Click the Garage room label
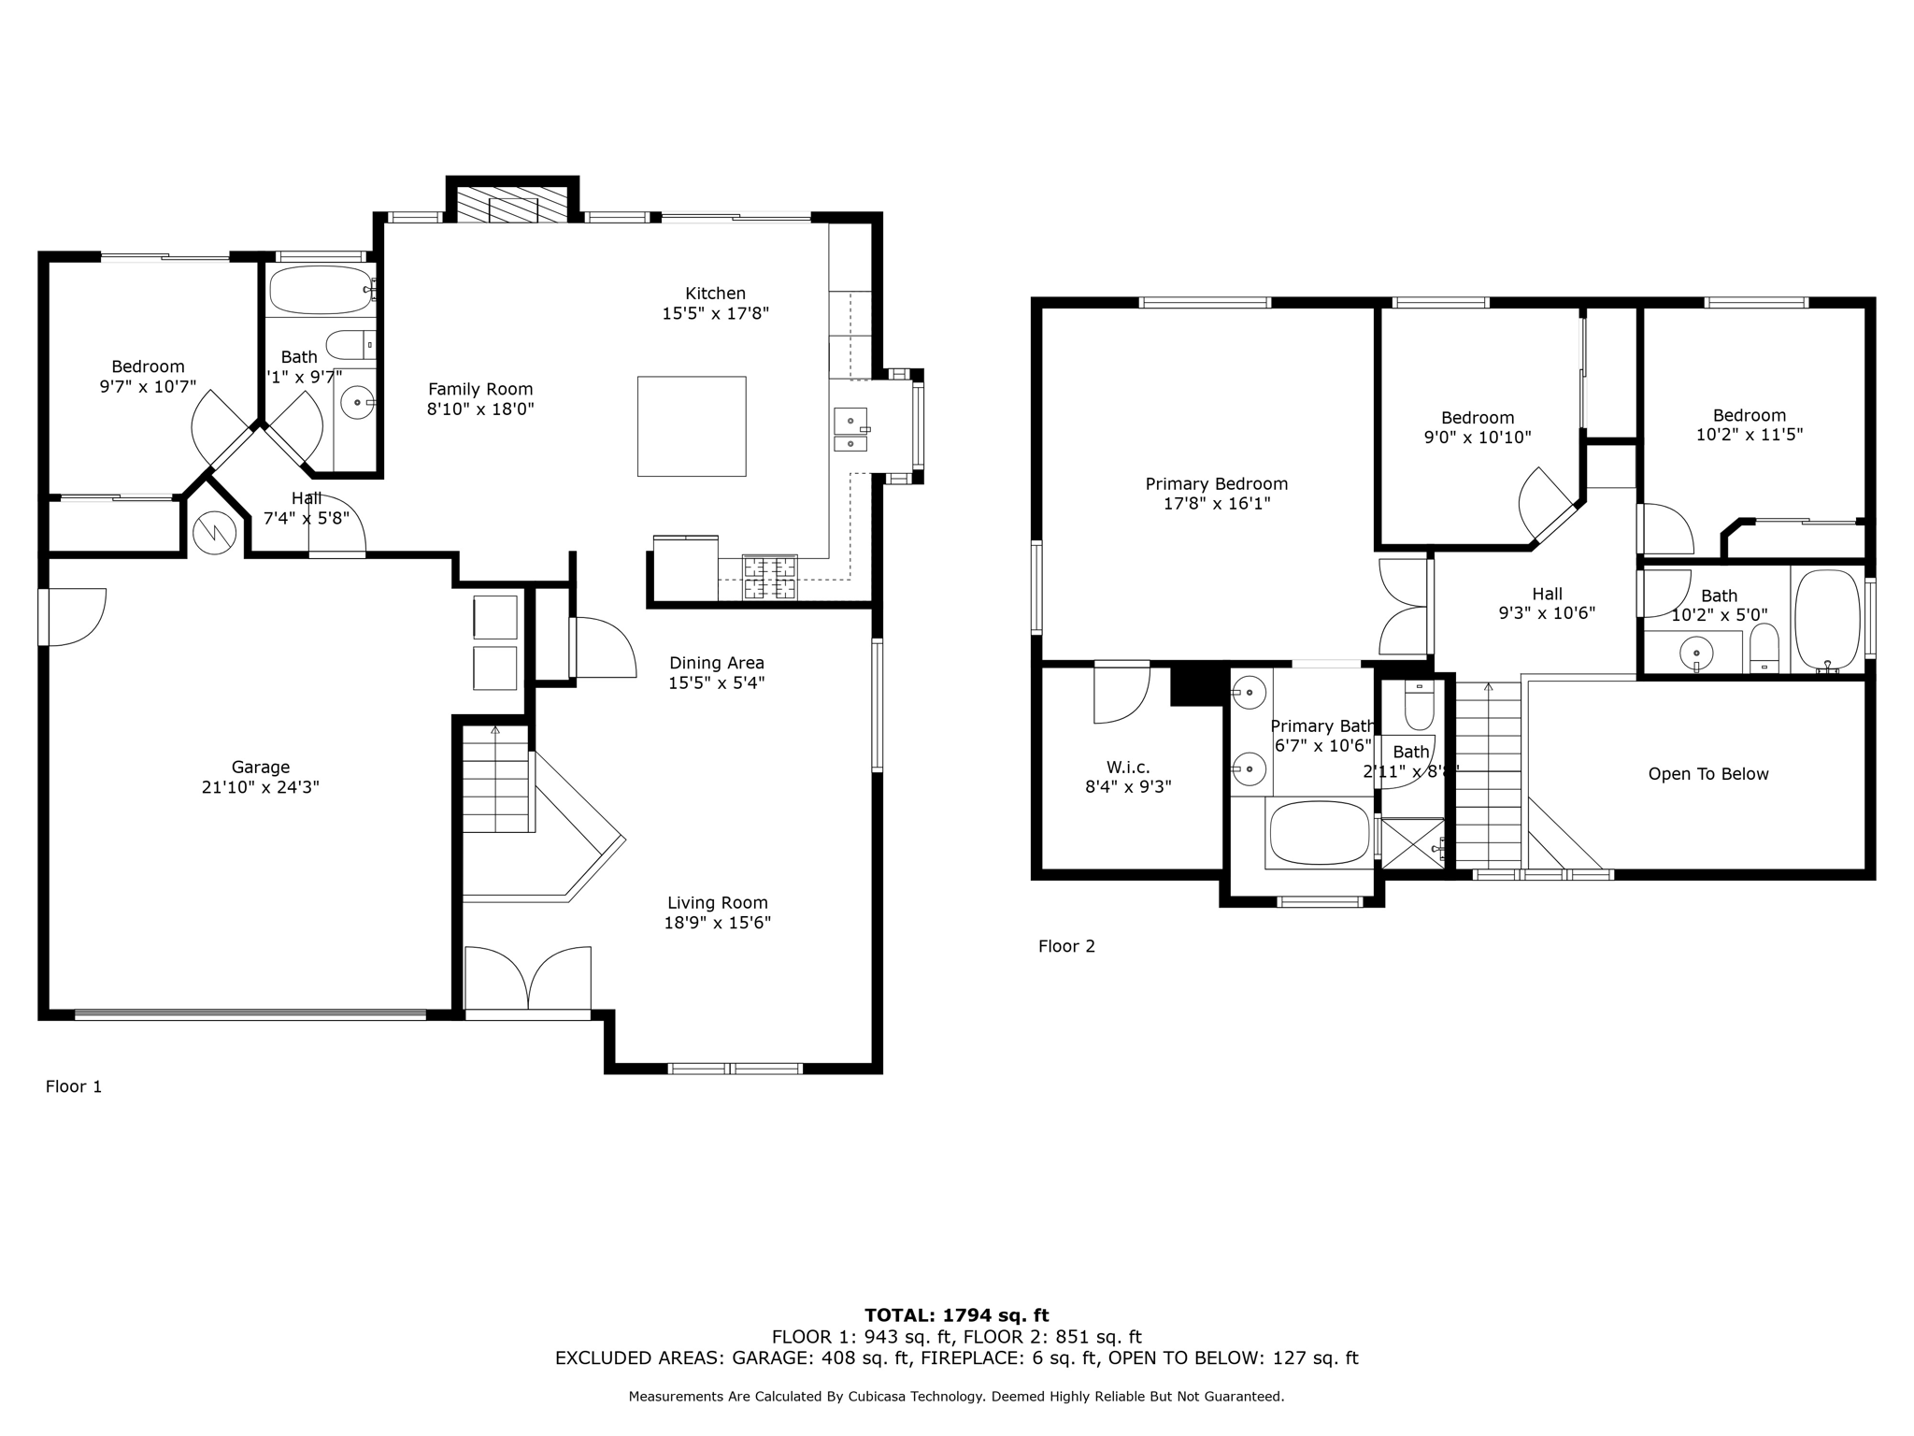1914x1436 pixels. pyautogui.click(x=260, y=768)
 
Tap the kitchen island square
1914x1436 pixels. pyautogui.click(x=692, y=426)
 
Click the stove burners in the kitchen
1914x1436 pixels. pyautogui.click(x=770, y=577)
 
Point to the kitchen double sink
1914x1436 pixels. pyautogui.click(x=850, y=430)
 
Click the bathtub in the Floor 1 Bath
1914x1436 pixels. pyautogui.click(x=321, y=290)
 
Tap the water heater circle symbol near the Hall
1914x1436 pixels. pyautogui.click(x=215, y=533)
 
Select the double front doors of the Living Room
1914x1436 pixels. pyautogui.click(x=528, y=978)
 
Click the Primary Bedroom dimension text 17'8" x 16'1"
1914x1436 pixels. pyautogui.click(x=1216, y=504)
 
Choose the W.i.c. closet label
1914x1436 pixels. pyautogui.click(x=1128, y=768)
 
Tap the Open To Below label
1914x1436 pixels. pyautogui.click(x=1707, y=774)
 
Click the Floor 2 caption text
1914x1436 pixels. pyautogui.click(x=1066, y=946)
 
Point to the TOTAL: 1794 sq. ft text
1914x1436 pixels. pyautogui.click(x=956, y=1315)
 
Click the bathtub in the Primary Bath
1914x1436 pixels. pyautogui.click(x=1320, y=833)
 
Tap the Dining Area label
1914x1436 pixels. pyautogui.click(x=716, y=663)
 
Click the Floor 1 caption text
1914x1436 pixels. pyautogui.click(x=74, y=1086)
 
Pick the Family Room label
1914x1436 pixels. pyautogui.click(x=480, y=389)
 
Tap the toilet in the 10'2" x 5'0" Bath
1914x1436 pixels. pyautogui.click(x=1764, y=648)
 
